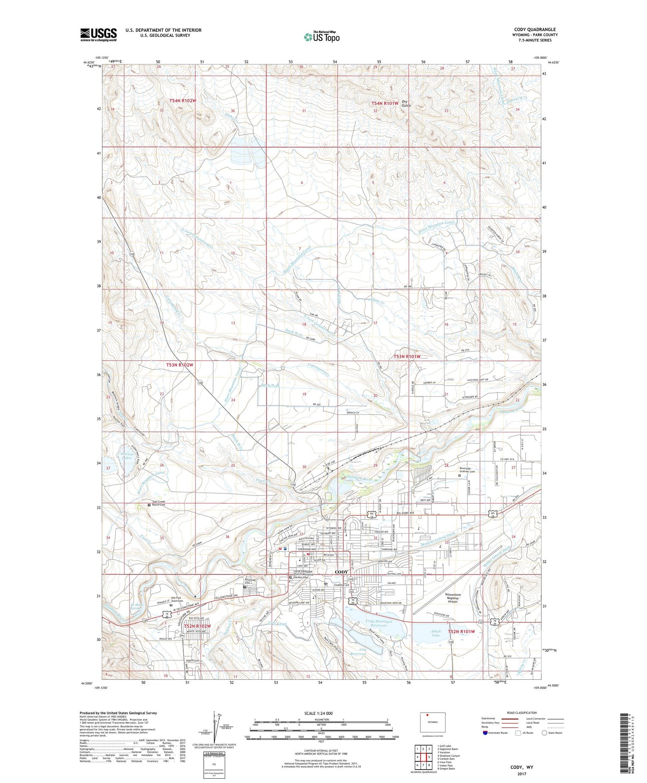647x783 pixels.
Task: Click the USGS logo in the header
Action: click(98, 35)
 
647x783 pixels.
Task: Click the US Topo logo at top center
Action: click(322, 37)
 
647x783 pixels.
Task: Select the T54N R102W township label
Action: click(182, 101)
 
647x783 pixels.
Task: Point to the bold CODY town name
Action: click(341, 572)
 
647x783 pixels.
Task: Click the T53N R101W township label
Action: click(407, 356)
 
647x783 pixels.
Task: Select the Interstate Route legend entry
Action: click(495, 732)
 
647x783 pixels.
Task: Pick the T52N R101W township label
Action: click(461, 631)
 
